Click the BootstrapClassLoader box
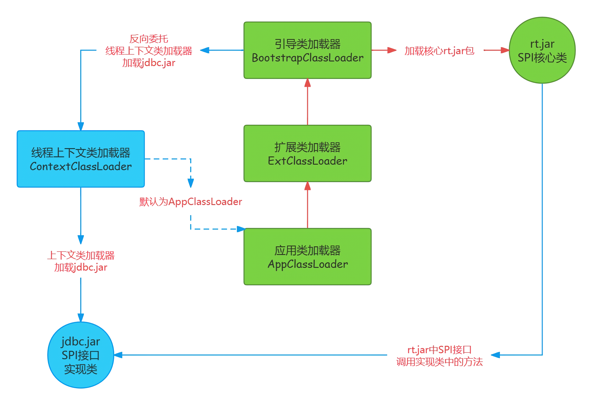(x=307, y=50)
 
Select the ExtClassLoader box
(x=307, y=153)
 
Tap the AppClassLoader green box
(x=307, y=257)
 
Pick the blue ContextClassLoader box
(x=81, y=159)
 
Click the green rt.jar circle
(x=542, y=50)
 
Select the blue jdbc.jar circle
(x=81, y=355)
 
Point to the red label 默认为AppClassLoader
(x=191, y=202)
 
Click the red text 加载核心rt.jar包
(x=439, y=51)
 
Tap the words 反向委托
(x=149, y=39)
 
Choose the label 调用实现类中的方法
(x=439, y=362)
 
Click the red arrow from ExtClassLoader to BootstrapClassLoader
(x=307, y=102)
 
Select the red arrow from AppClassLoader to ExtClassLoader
(x=307, y=205)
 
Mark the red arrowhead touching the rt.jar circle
(x=505, y=50)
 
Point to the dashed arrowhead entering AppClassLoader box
(x=241, y=229)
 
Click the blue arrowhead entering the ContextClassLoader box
(x=81, y=126)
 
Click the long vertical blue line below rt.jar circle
(x=542, y=217)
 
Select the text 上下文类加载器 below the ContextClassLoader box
(x=81, y=255)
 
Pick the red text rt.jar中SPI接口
(x=439, y=350)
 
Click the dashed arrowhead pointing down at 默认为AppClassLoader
(x=191, y=183)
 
